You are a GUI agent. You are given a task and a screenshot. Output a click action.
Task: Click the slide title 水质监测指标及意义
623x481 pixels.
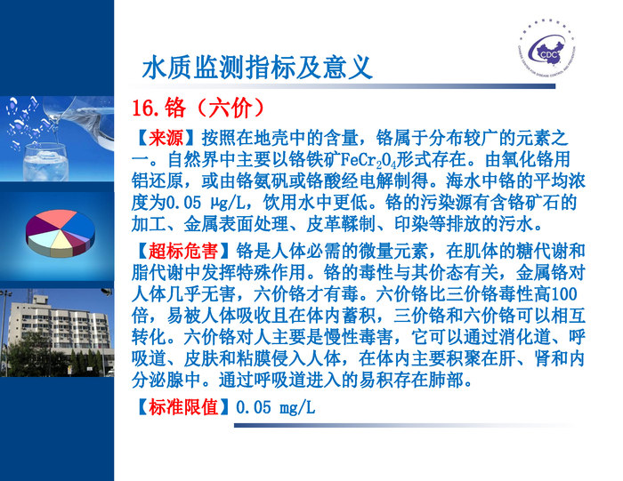(x=256, y=67)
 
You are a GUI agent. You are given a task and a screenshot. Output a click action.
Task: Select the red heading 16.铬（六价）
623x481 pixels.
(x=198, y=108)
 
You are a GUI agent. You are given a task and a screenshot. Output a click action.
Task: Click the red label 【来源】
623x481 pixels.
(x=165, y=138)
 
